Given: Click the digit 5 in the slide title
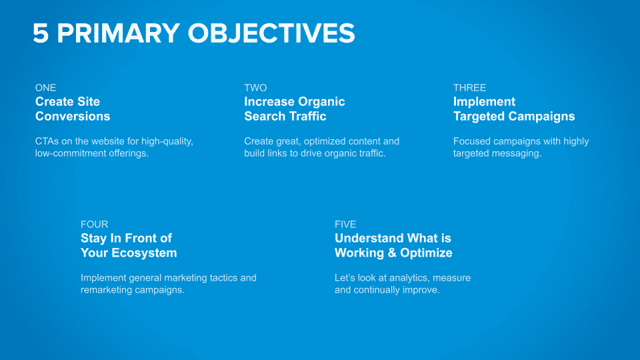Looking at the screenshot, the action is pyautogui.click(x=41, y=33).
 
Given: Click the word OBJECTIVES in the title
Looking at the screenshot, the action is pyautogui.click(x=271, y=33).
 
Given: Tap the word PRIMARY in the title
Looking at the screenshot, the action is pyautogui.click(x=119, y=33).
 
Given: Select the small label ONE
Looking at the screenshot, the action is pyautogui.click(x=46, y=88).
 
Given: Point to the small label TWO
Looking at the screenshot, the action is pyautogui.click(x=255, y=88).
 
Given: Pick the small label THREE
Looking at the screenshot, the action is pyautogui.click(x=469, y=88).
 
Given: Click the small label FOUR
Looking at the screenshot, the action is pyautogui.click(x=94, y=225).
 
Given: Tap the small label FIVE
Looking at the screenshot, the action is pyautogui.click(x=345, y=225).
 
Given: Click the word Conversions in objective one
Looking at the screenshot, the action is pyautogui.click(x=73, y=116).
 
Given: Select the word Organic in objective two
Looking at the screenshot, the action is pyautogui.click(x=321, y=101).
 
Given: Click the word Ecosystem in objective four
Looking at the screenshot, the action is pyautogui.click(x=144, y=253).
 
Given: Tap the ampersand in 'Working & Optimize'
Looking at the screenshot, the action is pyautogui.click(x=392, y=253).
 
